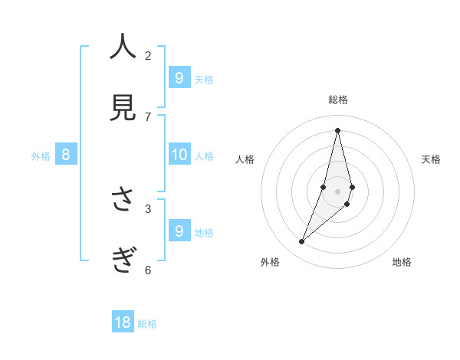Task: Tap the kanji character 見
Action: (x=123, y=107)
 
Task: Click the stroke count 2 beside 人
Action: (x=148, y=55)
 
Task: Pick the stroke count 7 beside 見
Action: (x=148, y=116)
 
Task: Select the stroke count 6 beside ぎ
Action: (x=148, y=270)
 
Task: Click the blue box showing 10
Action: (x=179, y=155)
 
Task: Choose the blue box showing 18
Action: (x=123, y=322)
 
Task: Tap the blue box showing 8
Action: (x=66, y=155)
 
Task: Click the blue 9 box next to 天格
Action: (x=179, y=77)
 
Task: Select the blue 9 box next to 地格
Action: (x=179, y=231)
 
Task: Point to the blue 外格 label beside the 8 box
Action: (x=41, y=156)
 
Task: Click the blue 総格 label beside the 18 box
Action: (x=147, y=324)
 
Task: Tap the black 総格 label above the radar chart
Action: (x=337, y=100)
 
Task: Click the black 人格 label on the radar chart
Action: (x=245, y=159)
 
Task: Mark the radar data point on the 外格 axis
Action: (x=302, y=242)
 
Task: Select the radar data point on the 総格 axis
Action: (x=337, y=129)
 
